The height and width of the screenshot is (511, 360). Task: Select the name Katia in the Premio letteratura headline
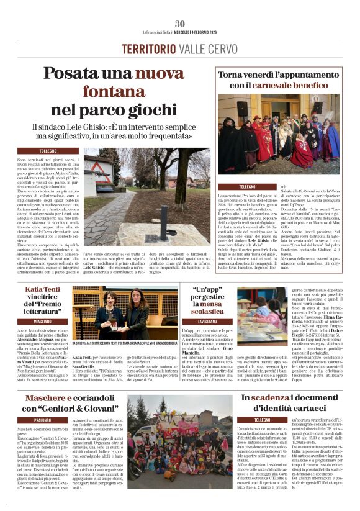tap(35, 290)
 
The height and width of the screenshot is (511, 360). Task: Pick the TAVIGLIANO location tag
tap(207, 322)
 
